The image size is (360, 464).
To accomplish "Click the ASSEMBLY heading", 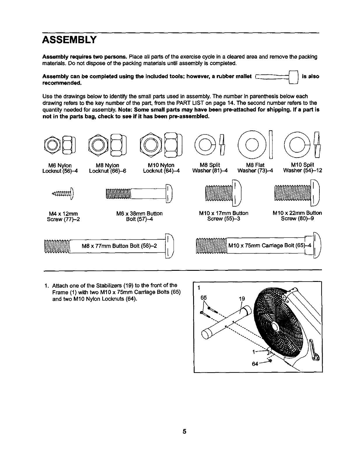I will tap(69, 40).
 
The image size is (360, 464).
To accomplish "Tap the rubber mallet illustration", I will tap(277, 77).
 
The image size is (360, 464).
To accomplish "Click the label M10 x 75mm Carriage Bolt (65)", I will tap(270, 246).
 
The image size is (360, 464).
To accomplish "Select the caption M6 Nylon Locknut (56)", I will tap(60, 168).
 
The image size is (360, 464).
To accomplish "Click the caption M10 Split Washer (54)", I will tap(303, 168).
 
